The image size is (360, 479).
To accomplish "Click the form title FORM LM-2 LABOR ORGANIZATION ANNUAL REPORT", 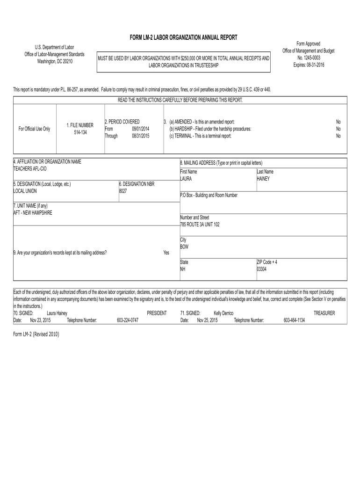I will [183, 37].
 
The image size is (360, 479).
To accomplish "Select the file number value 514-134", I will [80, 132].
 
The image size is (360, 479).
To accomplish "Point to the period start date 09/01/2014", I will [140, 129].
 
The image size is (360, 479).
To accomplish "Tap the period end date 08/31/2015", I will [140, 136].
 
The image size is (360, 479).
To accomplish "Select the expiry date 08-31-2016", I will [309, 65].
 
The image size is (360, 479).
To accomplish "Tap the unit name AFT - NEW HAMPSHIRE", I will [33, 213].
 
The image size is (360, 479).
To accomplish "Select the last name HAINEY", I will [263, 179].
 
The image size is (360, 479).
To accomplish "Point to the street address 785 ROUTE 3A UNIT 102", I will [200, 225].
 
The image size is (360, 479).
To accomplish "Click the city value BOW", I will [184, 247].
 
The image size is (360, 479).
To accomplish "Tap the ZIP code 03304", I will [262, 269].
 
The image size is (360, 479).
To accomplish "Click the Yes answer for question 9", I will [166, 253].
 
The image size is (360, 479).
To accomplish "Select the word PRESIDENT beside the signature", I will [157, 313].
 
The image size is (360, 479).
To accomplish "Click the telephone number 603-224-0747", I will [127, 320].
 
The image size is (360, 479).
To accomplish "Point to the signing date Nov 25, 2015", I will [207, 320].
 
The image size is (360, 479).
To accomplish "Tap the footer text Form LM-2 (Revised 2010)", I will [36, 334].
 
